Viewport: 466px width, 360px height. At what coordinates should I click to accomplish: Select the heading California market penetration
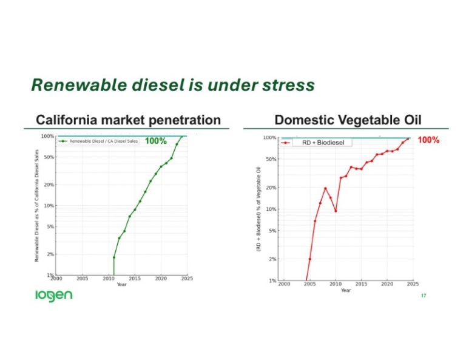(x=128, y=120)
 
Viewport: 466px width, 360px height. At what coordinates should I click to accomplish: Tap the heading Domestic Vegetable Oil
(x=348, y=120)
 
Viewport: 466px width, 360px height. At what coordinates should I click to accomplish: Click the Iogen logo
(x=53, y=296)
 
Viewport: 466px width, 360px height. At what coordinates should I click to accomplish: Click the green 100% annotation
(x=155, y=141)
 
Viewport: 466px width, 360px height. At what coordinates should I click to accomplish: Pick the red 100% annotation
(x=428, y=140)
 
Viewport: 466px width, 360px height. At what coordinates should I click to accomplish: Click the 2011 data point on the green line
(x=114, y=257)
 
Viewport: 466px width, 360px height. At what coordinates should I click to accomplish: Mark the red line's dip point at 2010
(x=336, y=211)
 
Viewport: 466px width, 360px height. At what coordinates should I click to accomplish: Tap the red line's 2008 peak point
(x=325, y=188)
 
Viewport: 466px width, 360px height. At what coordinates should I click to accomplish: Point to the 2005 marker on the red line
(x=310, y=259)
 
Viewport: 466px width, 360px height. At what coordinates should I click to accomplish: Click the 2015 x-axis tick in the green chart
(x=135, y=279)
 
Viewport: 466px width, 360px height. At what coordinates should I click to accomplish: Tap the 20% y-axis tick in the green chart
(x=49, y=184)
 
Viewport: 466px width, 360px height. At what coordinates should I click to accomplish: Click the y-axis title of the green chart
(x=37, y=206)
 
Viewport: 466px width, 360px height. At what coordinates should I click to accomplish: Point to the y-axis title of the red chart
(x=259, y=209)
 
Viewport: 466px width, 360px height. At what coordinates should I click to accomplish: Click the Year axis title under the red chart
(x=346, y=291)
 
